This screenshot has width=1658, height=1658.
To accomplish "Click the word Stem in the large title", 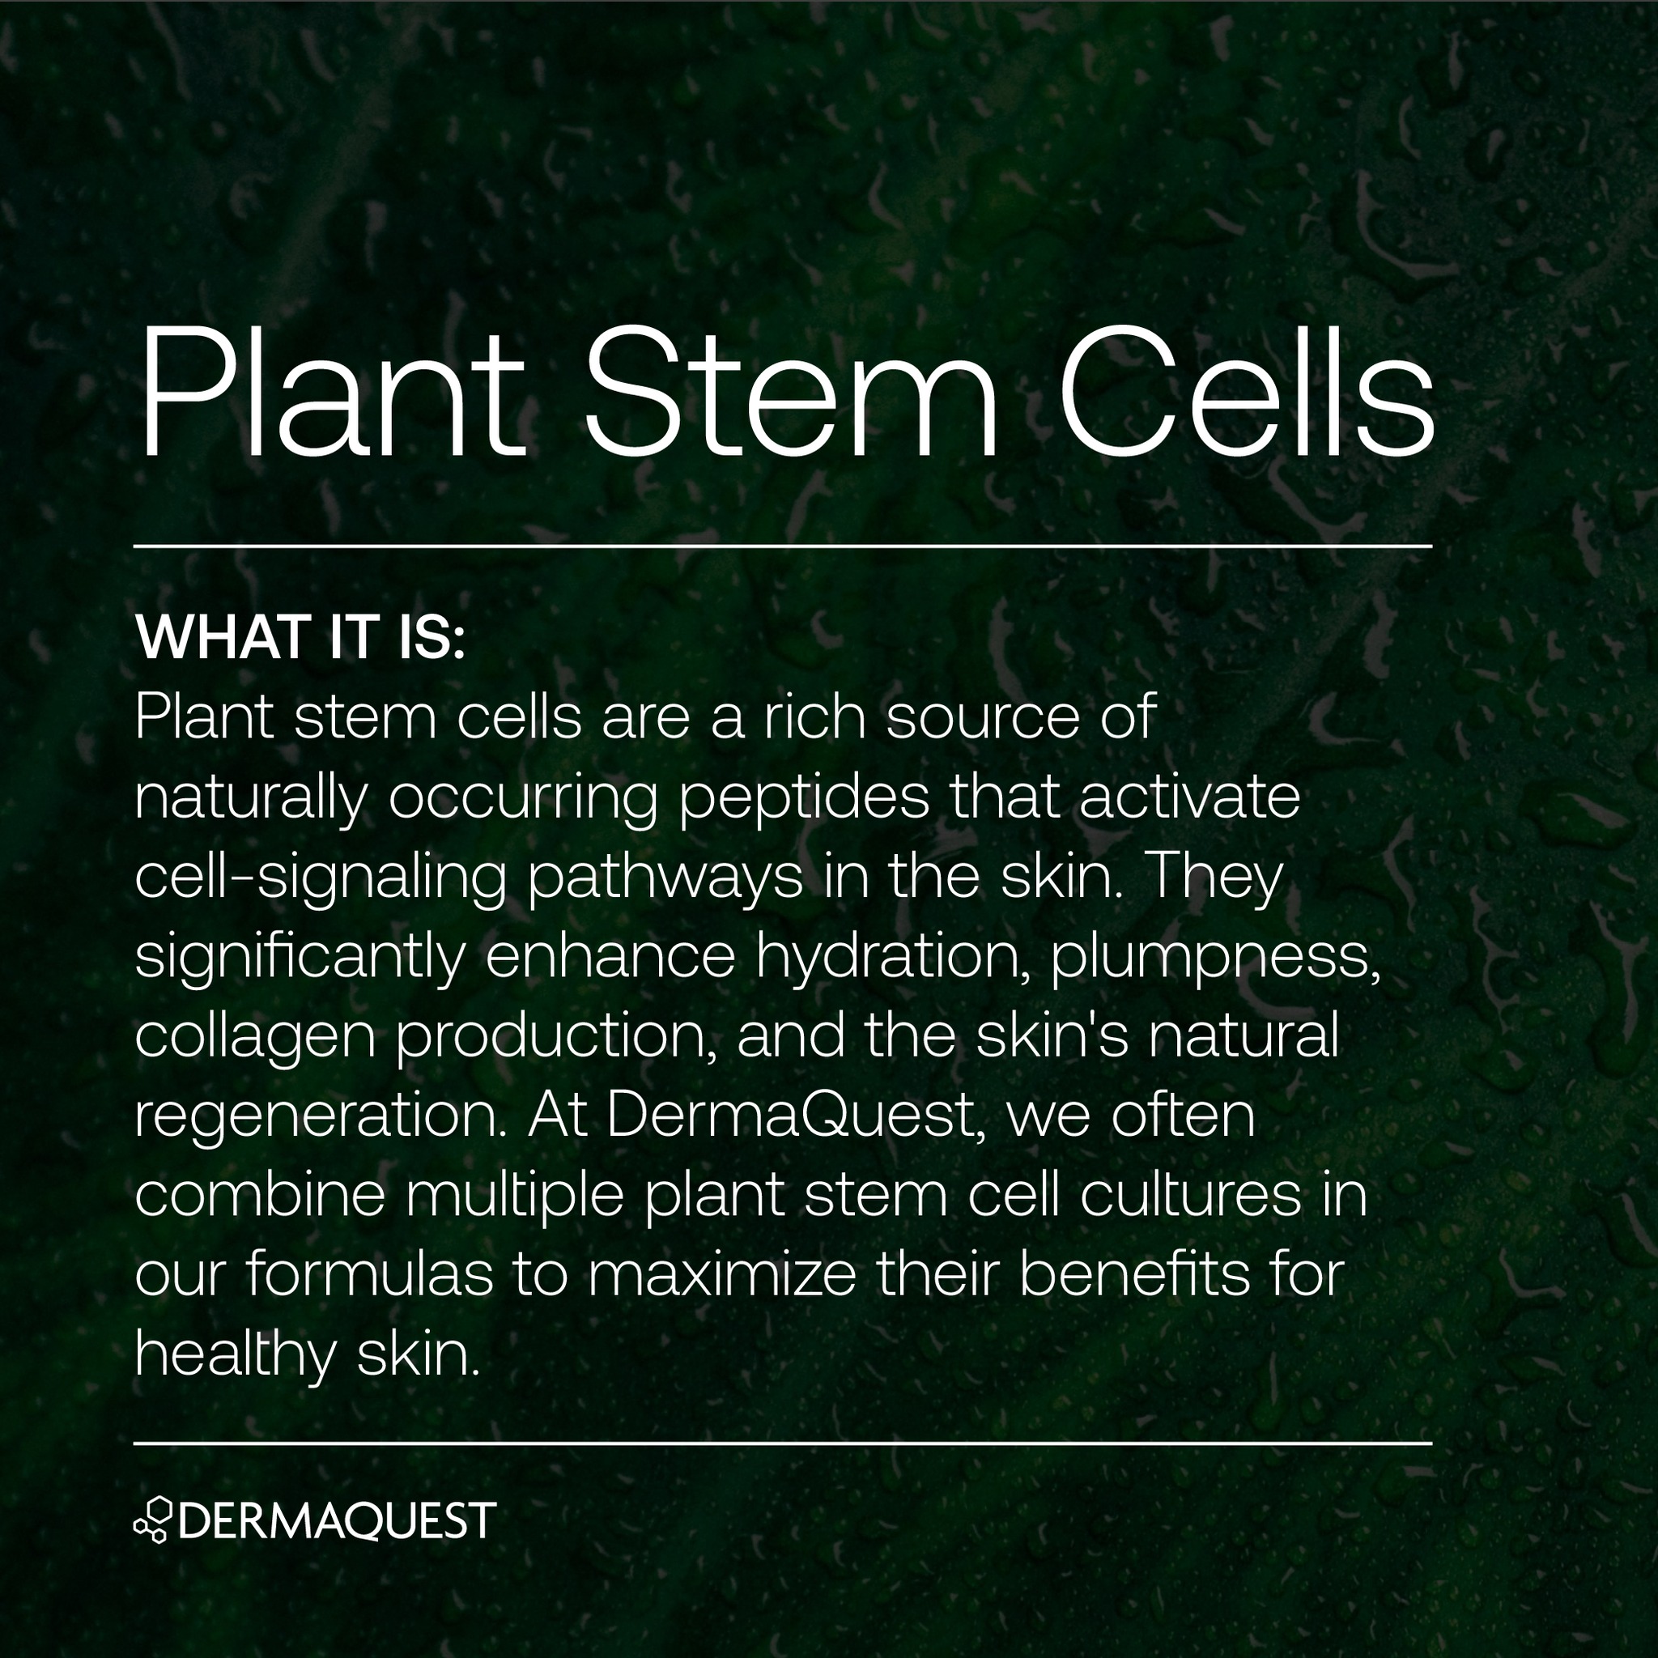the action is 790,393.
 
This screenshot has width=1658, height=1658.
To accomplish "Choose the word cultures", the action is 1190,1195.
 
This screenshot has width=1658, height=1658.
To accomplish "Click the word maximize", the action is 724,1275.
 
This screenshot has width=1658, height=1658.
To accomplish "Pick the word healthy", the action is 234,1354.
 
